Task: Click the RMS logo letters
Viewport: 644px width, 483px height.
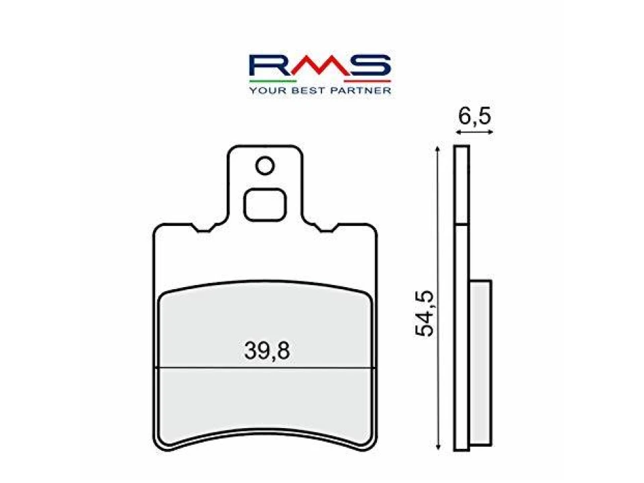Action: tap(319, 66)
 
